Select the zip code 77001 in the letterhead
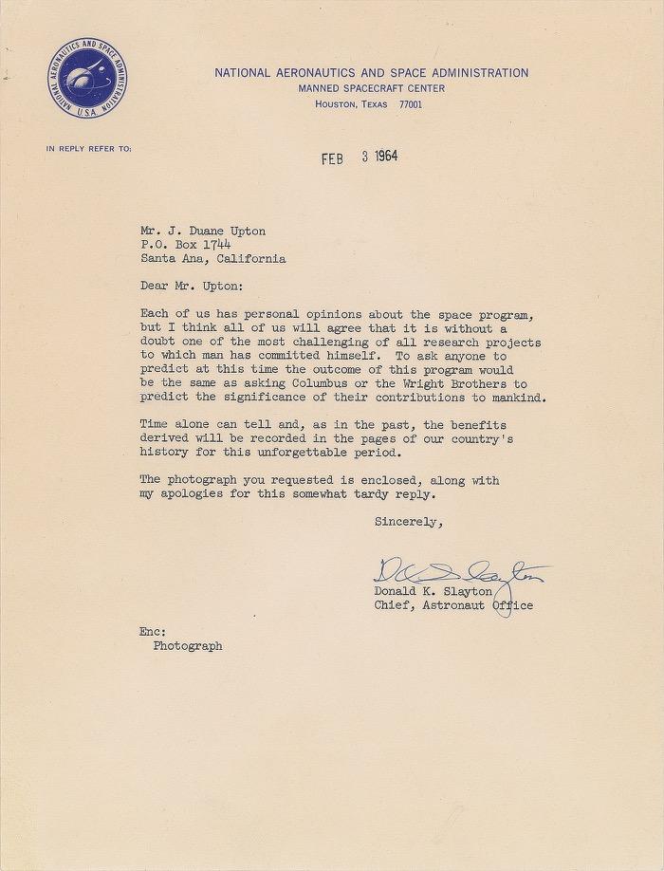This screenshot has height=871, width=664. (x=411, y=104)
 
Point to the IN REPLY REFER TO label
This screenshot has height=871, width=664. (x=88, y=149)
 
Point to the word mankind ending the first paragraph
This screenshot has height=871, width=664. (x=518, y=398)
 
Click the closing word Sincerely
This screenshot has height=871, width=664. (x=409, y=522)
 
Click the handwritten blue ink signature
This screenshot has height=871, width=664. (x=458, y=574)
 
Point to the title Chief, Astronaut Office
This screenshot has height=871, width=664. (x=453, y=605)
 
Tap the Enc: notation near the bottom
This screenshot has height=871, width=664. (x=152, y=631)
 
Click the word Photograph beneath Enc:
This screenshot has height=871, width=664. (x=187, y=646)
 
